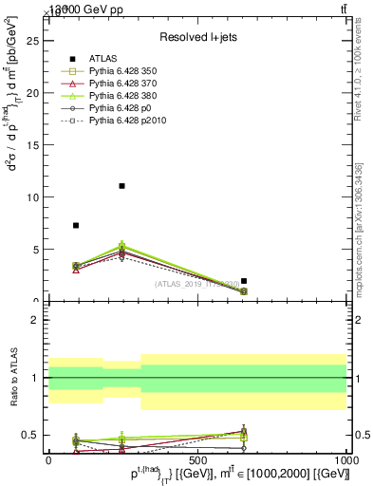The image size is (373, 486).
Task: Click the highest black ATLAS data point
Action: click(x=121, y=186)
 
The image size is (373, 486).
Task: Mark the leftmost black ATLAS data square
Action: click(x=76, y=225)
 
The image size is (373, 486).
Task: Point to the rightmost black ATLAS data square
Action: click(x=244, y=281)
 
